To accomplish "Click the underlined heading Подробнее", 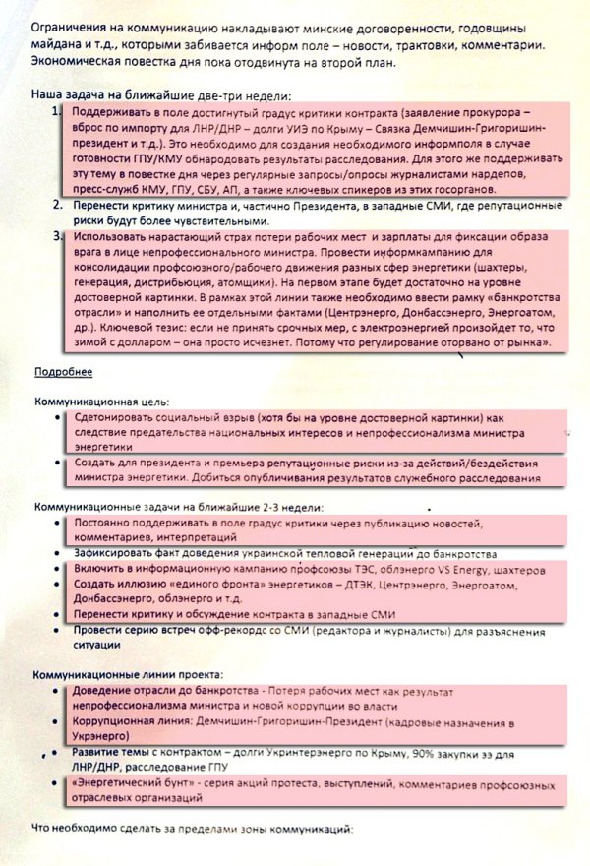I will [64, 372].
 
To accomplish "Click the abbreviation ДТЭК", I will [356, 588].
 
